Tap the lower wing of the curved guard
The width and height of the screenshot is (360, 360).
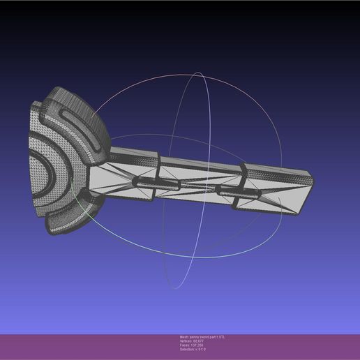click(70, 216)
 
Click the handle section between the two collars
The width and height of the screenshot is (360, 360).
click(202, 183)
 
